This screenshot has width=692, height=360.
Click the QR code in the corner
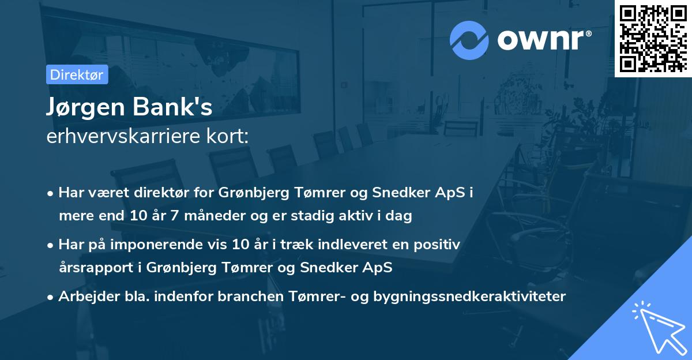click(x=653, y=38)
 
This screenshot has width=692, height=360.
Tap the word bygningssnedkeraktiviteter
click(x=469, y=297)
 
